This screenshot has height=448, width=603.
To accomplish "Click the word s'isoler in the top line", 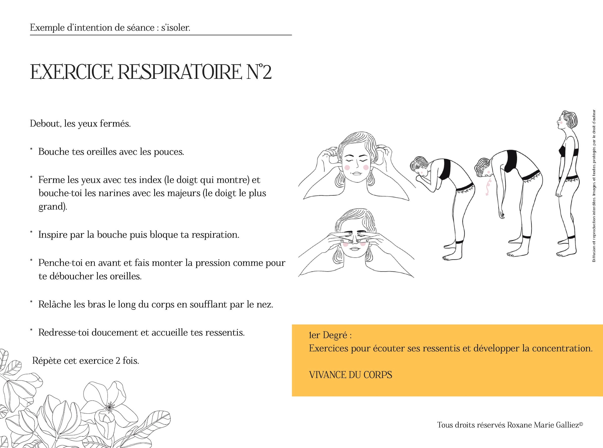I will click(176, 28).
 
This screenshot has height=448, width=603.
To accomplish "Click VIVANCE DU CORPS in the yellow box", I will click(351, 375).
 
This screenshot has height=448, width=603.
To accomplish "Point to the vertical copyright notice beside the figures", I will click(594, 186).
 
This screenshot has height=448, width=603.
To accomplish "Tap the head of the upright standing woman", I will click(567, 122).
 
